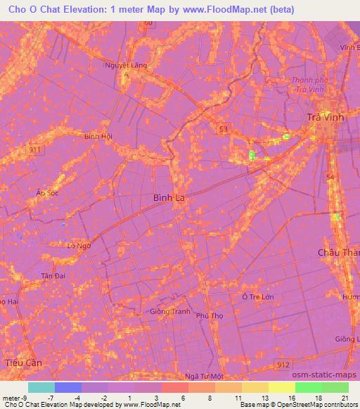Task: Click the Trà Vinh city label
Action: click(326, 117)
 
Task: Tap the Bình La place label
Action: click(169, 198)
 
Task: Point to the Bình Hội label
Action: click(98, 136)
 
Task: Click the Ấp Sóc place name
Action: click(47, 193)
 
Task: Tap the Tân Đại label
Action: click(53, 275)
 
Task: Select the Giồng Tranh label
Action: click(170, 311)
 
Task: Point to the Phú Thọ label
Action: click(210, 316)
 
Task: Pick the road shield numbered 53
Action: click(223, 129)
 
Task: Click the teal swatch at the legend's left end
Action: click(41, 387)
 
